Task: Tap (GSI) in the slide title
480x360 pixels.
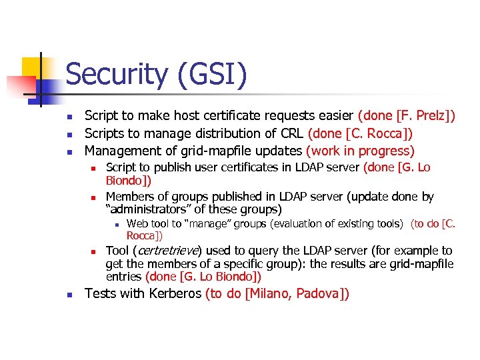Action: (212, 74)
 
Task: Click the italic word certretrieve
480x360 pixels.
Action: (171, 251)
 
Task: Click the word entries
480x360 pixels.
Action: (123, 276)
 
